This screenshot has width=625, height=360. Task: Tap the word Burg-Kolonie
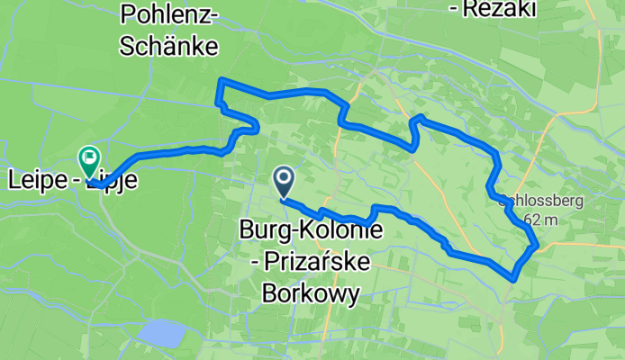point(311,231)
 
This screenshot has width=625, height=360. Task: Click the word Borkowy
point(311,292)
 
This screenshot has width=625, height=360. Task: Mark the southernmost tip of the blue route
point(513,279)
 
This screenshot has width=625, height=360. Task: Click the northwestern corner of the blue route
point(219,83)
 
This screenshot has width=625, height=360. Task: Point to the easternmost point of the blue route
point(538,243)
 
